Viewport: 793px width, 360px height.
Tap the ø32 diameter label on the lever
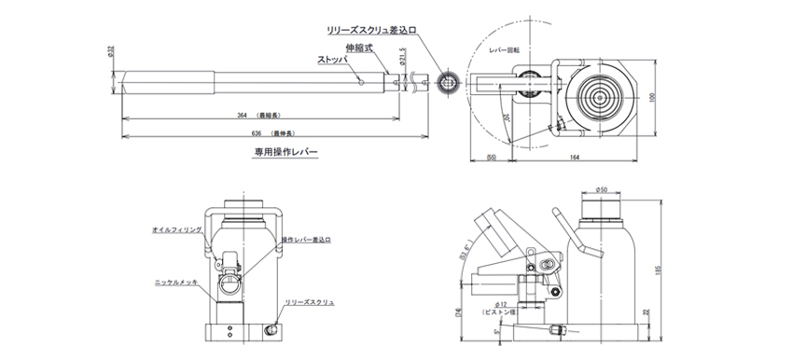tap(111, 53)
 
